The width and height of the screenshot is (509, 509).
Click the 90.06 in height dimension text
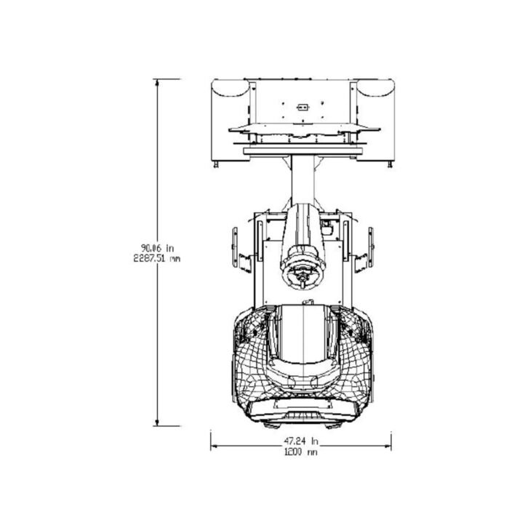158,247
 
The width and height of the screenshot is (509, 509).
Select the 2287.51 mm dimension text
158,257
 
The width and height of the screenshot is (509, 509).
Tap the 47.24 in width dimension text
301,441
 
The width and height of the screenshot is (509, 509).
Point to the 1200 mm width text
301,452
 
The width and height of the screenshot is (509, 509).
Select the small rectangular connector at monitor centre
302,107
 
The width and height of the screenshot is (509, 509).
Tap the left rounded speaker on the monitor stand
230,89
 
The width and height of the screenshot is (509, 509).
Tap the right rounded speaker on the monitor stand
376,89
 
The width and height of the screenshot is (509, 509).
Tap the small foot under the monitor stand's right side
389,165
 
